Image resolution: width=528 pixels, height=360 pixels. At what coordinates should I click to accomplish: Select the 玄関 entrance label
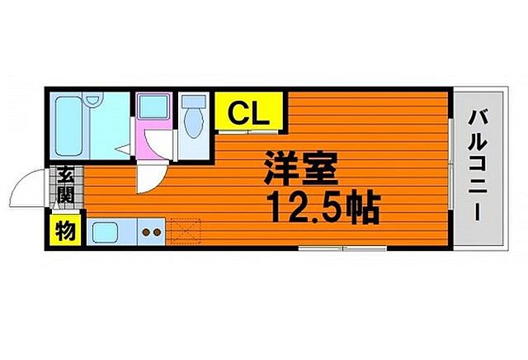(x=64, y=186)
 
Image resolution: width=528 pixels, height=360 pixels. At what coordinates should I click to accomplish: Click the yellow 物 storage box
(x=64, y=230)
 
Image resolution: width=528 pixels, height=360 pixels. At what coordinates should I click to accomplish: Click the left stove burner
(x=146, y=233)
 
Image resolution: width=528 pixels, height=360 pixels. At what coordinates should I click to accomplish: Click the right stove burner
(x=157, y=233)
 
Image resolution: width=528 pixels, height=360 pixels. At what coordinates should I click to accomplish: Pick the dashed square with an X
(x=185, y=230)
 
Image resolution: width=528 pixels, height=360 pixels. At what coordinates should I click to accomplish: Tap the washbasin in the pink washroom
(x=151, y=107)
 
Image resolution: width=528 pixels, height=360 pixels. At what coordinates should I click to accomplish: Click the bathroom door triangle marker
(x=121, y=149)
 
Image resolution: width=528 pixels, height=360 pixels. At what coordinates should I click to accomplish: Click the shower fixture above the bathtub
(x=93, y=102)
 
